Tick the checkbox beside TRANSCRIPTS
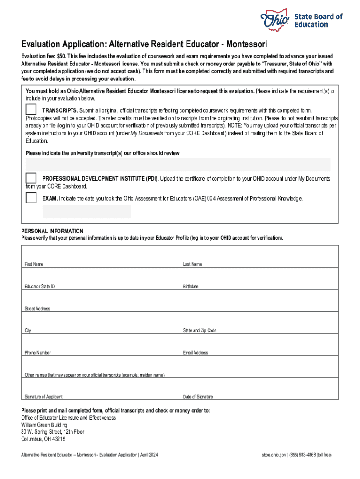[x=31, y=109]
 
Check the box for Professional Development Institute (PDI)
[x=31, y=178]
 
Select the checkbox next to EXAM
[x=31, y=198]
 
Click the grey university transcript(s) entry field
[x=178, y=164]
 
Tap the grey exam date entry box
[x=86, y=211]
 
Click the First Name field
[x=101, y=256]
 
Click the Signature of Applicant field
[x=101, y=388]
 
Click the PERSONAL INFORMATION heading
[x=52, y=231]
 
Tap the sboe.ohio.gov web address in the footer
[x=274, y=455]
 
